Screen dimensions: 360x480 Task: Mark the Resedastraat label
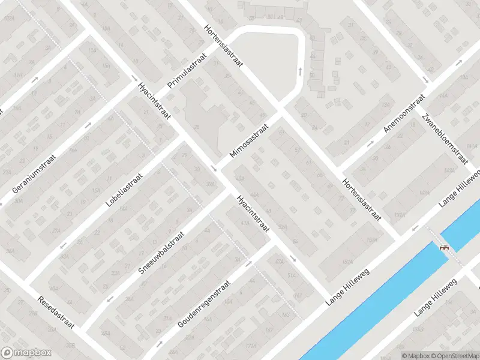click(x=56, y=312)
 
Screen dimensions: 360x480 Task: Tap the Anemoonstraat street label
click(x=404, y=114)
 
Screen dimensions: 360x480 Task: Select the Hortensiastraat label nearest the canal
click(x=362, y=199)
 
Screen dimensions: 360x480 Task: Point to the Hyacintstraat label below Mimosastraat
click(x=252, y=213)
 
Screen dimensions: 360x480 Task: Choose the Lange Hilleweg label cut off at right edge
click(x=461, y=187)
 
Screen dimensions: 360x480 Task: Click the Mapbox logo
click(x=26, y=353)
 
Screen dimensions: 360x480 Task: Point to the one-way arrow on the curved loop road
click(x=299, y=71)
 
